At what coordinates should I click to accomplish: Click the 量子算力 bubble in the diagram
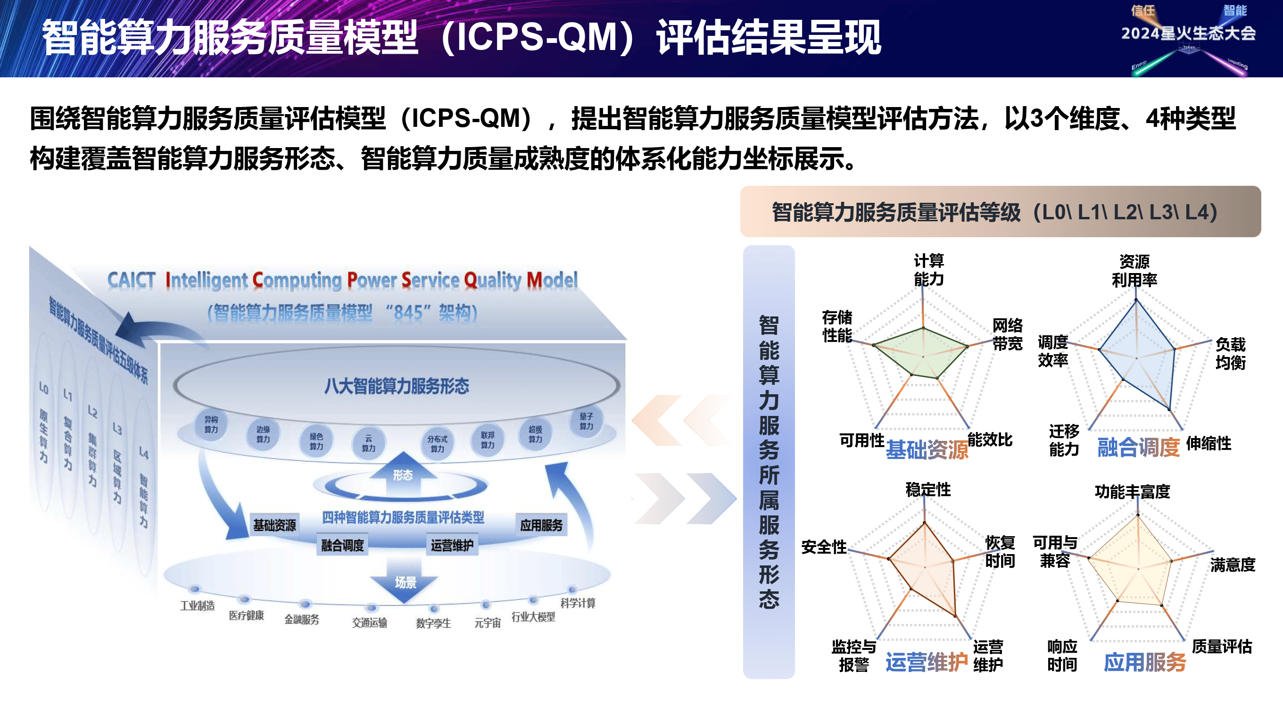pyautogui.click(x=586, y=421)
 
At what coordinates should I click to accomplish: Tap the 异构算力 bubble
pyautogui.click(x=211, y=424)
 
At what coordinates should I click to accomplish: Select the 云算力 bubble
pyautogui.click(x=368, y=443)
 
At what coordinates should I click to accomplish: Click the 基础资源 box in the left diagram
pyautogui.click(x=274, y=525)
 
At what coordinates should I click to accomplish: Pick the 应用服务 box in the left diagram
pyautogui.click(x=541, y=525)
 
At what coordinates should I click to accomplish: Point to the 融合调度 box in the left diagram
pyautogui.click(x=342, y=545)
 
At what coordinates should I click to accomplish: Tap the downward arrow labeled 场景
pyautogui.click(x=405, y=581)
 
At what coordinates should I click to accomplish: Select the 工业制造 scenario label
pyautogui.click(x=197, y=606)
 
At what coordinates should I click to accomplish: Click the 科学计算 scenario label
pyautogui.click(x=578, y=603)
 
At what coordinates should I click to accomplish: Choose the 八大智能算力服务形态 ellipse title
pyautogui.click(x=397, y=386)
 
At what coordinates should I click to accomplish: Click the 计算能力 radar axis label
pyautogui.click(x=929, y=270)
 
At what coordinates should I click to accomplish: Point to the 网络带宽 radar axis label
pyautogui.click(x=1007, y=334)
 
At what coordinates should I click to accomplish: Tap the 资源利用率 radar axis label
pyautogui.click(x=1134, y=271)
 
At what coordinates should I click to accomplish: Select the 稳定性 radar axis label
pyautogui.click(x=928, y=490)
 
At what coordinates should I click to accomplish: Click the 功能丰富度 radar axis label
pyautogui.click(x=1132, y=492)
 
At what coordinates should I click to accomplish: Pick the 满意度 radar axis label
pyautogui.click(x=1233, y=564)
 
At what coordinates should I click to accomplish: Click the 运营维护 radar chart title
pyautogui.click(x=927, y=662)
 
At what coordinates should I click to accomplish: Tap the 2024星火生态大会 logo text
pyautogui.click(x=1188, y=33)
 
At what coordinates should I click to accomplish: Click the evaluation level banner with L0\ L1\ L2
pyautogui.click(x=1000, y=212)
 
